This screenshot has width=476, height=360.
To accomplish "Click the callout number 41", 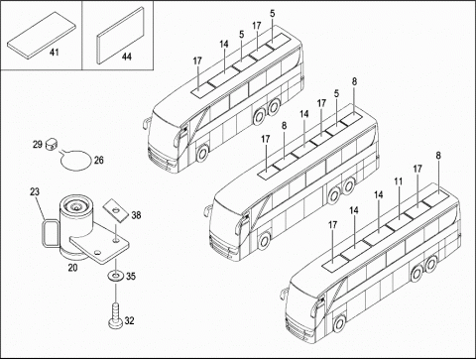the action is coord(54,52).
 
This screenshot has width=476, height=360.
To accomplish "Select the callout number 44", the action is coord(127,57).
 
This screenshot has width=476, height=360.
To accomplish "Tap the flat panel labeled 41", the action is coord(42,36).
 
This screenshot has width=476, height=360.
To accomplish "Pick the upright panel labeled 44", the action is coord(121,35).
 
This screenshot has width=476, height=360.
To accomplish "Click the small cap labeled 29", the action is coord(51,144).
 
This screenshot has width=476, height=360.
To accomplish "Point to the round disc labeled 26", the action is coord(75,160).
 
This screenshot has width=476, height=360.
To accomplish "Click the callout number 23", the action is coord(35,191).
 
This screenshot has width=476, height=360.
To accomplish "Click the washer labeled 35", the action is coord(115,275).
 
